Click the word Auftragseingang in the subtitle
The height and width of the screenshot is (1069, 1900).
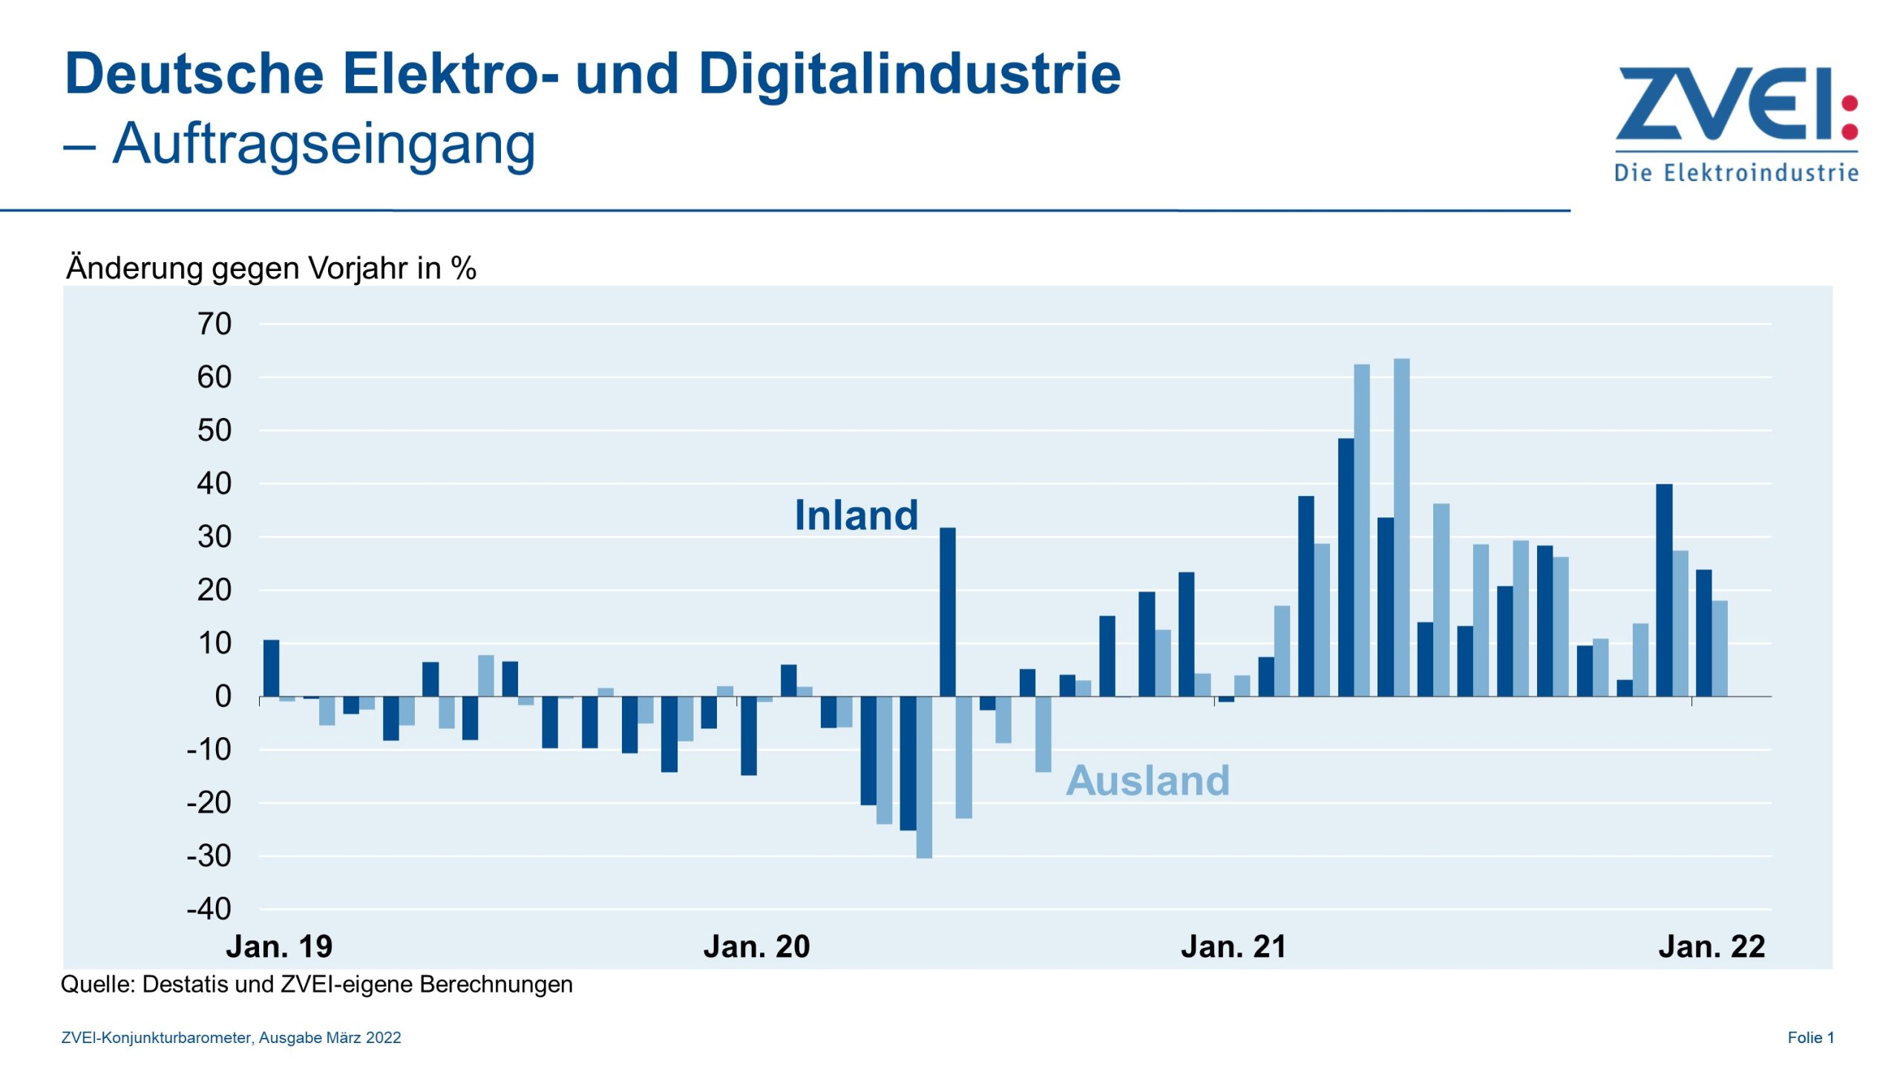coord(324,144)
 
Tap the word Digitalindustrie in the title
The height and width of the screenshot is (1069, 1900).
coord(909,74)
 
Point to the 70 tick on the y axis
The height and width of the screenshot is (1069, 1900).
coord(214,324)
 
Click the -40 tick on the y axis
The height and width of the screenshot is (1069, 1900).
coord(209,909)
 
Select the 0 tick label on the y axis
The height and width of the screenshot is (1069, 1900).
coord(223,697)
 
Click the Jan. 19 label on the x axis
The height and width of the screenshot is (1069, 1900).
coord(279,947)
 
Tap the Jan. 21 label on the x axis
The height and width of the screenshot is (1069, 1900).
coord(1234,947)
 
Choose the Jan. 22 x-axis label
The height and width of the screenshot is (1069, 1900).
coord(1711,947)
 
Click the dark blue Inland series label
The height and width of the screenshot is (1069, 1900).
coord(856,515)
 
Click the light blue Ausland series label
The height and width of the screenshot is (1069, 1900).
coord(1147,781)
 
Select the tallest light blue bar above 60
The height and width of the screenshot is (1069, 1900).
coord(1401,527)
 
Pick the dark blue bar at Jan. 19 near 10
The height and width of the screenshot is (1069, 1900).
coord(272,668)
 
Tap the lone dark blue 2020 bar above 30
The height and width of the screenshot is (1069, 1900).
coord(948,612)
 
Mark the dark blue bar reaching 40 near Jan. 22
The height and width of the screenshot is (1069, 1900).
coord(1664,590)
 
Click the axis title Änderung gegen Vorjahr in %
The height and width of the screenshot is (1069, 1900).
coord(271,268)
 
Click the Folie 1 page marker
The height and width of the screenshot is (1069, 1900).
coord(1810,1038)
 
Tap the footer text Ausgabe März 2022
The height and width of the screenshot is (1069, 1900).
coord(330,1038)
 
